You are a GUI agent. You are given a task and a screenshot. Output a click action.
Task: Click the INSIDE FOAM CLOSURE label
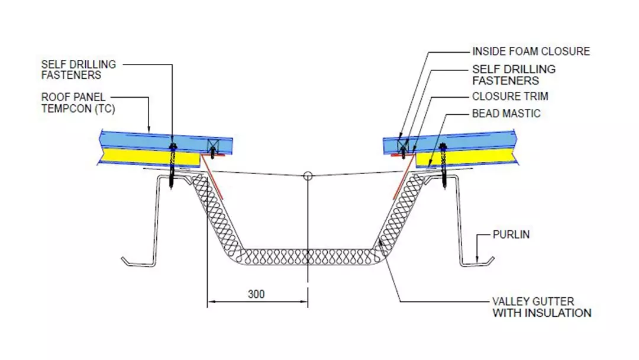pyautogui.click(x=531, y=52)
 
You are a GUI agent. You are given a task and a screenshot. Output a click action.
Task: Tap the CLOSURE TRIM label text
pyautogui.click(x=510, y=97)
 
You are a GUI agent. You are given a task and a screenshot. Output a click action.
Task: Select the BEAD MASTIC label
pyautogui.click(x=506, y=113)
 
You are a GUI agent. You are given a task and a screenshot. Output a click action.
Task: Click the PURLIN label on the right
pyautogui.click(x=511, y=235)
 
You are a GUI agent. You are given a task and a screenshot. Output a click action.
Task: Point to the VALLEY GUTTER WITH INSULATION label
pyautogui.click(x=541, y=307)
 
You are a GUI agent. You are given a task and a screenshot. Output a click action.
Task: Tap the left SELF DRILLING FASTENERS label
pyautogui.click(x=79, y=70)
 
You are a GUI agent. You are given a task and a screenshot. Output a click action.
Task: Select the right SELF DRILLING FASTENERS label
pyautogui.click(x=514, y=75)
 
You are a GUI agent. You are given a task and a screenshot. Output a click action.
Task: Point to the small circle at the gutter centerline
pyautogui.click(x=307, y=176)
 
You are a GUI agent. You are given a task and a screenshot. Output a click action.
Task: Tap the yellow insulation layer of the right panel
pyautogui.click(x=467, y=157)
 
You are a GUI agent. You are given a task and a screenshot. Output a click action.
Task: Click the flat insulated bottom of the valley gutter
pyautogui.click(x=308, y=256)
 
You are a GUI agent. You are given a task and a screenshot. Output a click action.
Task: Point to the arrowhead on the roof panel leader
pyautogui.click(x=150, y=130)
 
